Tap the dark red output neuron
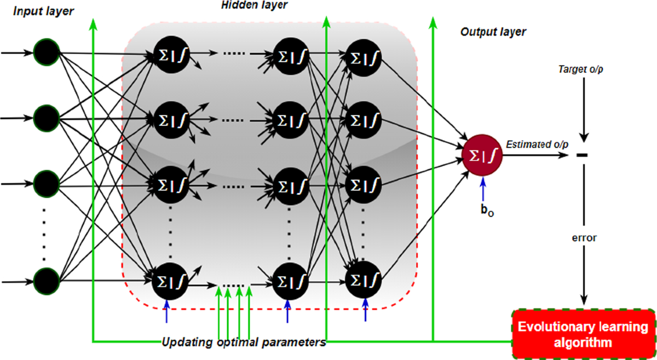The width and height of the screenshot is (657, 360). (481, 155)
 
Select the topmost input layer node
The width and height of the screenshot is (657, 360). (46, 53)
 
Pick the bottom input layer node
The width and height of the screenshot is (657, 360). (46, 281)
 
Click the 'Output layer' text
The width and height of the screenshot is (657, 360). (493, 32)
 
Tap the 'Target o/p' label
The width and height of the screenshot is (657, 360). (584, 69)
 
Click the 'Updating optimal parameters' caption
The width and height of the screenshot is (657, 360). (244, 343)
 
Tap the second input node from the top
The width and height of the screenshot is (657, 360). (46, 117)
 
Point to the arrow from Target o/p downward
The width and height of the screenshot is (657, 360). (584, 109)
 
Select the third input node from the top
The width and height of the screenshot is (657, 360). (46, 184)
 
